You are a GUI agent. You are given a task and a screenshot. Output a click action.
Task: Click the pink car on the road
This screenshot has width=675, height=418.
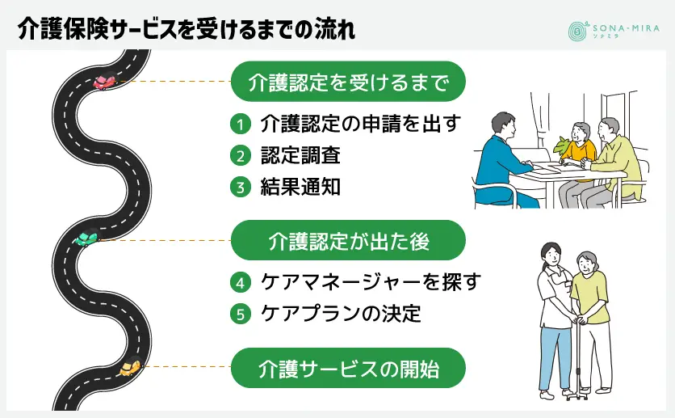pos(106,82)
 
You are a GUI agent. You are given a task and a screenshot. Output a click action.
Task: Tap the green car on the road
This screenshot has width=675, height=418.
pos(86,239)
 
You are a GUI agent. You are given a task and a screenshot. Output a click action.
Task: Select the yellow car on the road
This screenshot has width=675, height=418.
pos(130,368)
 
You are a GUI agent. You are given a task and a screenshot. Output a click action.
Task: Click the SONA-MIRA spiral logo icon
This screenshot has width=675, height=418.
pos(579,31)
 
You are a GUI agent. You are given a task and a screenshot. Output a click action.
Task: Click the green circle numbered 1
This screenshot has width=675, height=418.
pos(241,125)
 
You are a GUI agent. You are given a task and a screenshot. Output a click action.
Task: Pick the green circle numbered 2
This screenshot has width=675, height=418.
pos(241,155)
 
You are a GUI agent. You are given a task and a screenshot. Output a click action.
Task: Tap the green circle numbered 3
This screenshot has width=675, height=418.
pos(241,187)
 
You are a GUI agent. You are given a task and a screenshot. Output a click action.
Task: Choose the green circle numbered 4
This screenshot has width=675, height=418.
pos(241,282)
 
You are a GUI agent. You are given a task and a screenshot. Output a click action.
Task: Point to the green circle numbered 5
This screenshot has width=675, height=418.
pos(241,314)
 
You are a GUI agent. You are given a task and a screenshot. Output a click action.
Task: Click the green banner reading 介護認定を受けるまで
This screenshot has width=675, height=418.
pos(348,82)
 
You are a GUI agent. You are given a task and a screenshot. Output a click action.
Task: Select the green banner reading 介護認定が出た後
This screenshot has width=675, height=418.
pos(348,240)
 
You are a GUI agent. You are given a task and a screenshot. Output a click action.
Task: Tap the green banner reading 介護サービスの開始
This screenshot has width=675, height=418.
pos(348,368)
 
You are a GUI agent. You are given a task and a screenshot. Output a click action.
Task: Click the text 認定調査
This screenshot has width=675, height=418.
pos(300,155)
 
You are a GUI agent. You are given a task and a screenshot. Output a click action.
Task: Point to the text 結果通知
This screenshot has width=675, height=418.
pos(300,187)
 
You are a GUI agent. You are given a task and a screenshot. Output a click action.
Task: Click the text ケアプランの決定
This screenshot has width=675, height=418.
pos(341,314)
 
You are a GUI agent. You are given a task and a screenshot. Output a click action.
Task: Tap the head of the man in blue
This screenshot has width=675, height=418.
pos(503,125)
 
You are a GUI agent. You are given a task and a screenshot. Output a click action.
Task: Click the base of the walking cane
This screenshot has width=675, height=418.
pos(578,395)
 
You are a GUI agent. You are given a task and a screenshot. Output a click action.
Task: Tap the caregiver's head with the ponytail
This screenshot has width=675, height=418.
pos(551,255)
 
